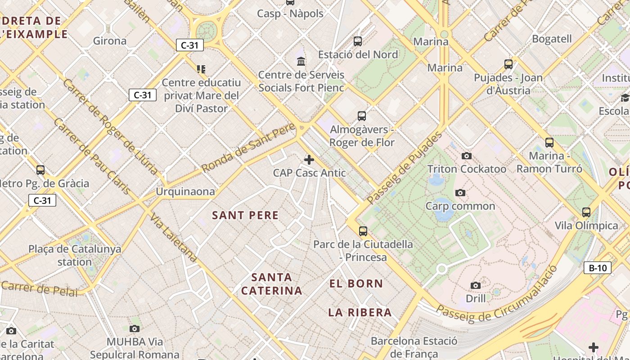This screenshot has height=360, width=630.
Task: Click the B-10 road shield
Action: point(598,268)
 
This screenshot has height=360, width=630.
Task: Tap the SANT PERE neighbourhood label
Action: point(245,215)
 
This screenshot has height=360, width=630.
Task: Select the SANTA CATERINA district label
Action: point(271,284)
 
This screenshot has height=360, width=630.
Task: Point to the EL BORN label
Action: point(356,283)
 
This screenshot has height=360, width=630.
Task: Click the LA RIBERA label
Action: point(360,312)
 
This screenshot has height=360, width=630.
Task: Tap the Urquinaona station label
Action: point(185,192)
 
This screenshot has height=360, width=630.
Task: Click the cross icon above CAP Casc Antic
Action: point(309,160)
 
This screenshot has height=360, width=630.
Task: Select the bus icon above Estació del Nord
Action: point(358,41)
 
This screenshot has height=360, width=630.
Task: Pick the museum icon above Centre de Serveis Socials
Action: point(301,61)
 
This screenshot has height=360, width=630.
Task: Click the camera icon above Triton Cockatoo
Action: point(467,156)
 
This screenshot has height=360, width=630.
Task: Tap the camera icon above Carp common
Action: point(460,193)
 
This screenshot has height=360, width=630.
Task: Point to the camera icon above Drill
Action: point(475,286)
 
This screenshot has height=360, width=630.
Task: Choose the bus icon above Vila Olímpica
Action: point(586,212)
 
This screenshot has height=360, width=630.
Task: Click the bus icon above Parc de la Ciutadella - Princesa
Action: point(363,231)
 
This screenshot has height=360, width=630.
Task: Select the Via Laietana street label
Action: point(173,238)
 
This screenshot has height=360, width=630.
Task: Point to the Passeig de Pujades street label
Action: point(404,167)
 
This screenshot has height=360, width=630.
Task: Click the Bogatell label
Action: point(552,39)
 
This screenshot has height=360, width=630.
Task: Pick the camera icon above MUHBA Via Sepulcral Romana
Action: point(134,329)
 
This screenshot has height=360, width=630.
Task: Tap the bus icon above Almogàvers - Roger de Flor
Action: point(361,116)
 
